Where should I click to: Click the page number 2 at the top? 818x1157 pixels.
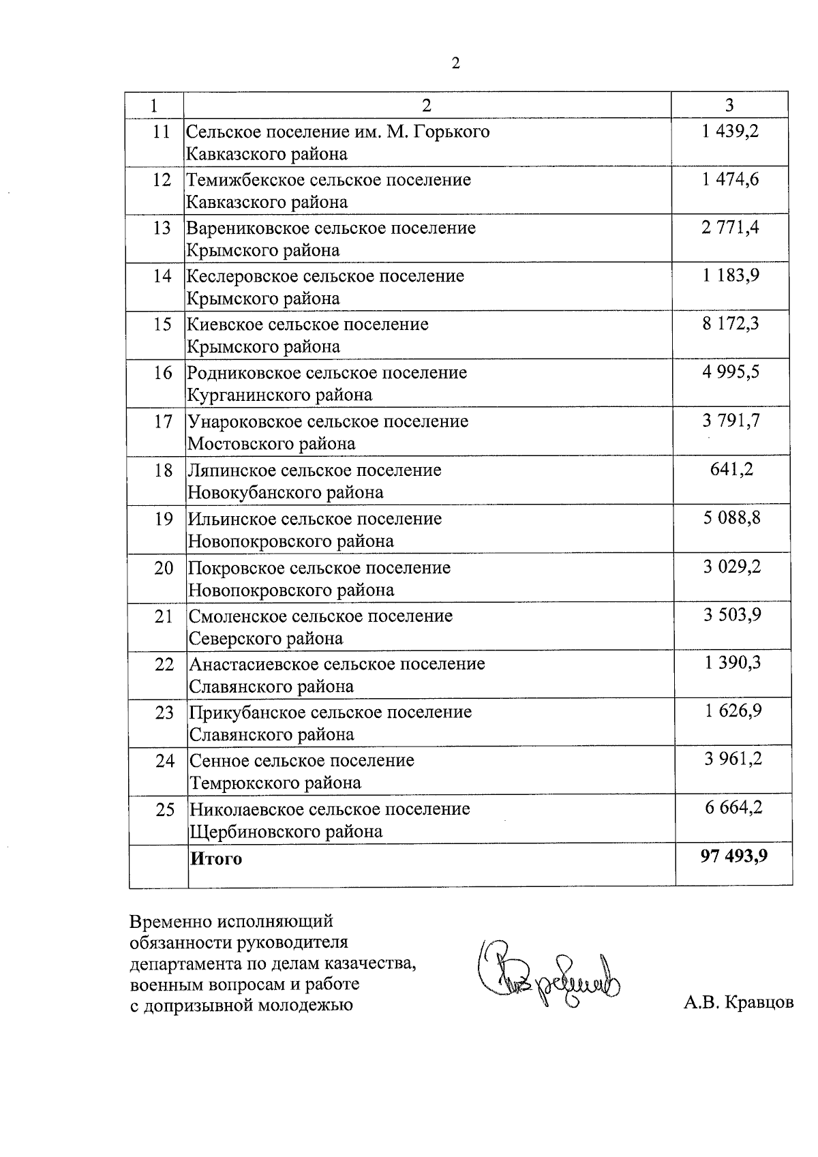coord(455,63)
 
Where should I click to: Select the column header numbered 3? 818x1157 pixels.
coord(729,105)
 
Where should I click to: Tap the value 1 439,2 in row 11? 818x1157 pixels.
coord(730,131)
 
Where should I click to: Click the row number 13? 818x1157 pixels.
coord(162,228)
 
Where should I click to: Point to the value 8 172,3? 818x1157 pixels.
coord(731,324)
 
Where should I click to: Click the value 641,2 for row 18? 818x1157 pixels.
coord(731,469)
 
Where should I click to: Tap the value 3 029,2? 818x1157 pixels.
coord(732,567)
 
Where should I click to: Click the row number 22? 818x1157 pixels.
coord(164,664)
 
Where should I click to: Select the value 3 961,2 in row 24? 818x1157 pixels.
coord(733,760)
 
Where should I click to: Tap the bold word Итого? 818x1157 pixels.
coord(215,859)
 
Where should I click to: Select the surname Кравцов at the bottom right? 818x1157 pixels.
coord(759,1003)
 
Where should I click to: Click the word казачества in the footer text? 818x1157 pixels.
coord(367,964)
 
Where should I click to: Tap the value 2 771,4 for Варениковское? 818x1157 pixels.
coord(730,228)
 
